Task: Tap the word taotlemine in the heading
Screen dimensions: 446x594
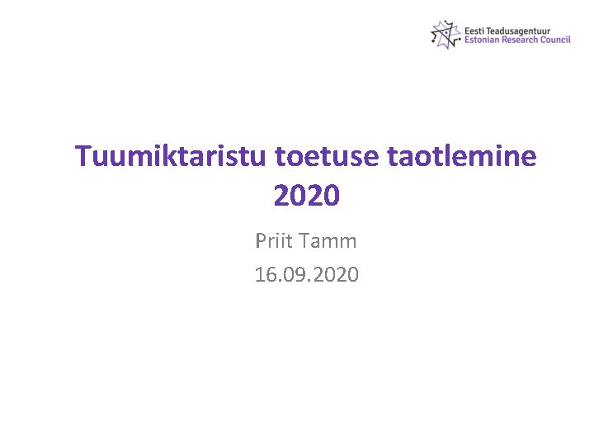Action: [463, 156]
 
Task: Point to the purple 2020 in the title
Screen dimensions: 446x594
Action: [306, 197]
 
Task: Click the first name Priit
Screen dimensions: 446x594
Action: [275, 242]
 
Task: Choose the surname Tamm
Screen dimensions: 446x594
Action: [329, 242]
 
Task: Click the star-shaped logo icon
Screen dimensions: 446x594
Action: [445, 35]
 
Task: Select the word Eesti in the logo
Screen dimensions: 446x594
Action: [474, 29]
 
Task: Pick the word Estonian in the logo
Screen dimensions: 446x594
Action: [483, 40]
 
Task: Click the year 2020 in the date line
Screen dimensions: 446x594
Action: [336, 275]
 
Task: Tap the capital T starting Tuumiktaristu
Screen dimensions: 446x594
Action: [83, 156]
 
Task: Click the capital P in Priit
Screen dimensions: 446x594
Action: [262, 242]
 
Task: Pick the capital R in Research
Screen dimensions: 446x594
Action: [507, 40]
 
